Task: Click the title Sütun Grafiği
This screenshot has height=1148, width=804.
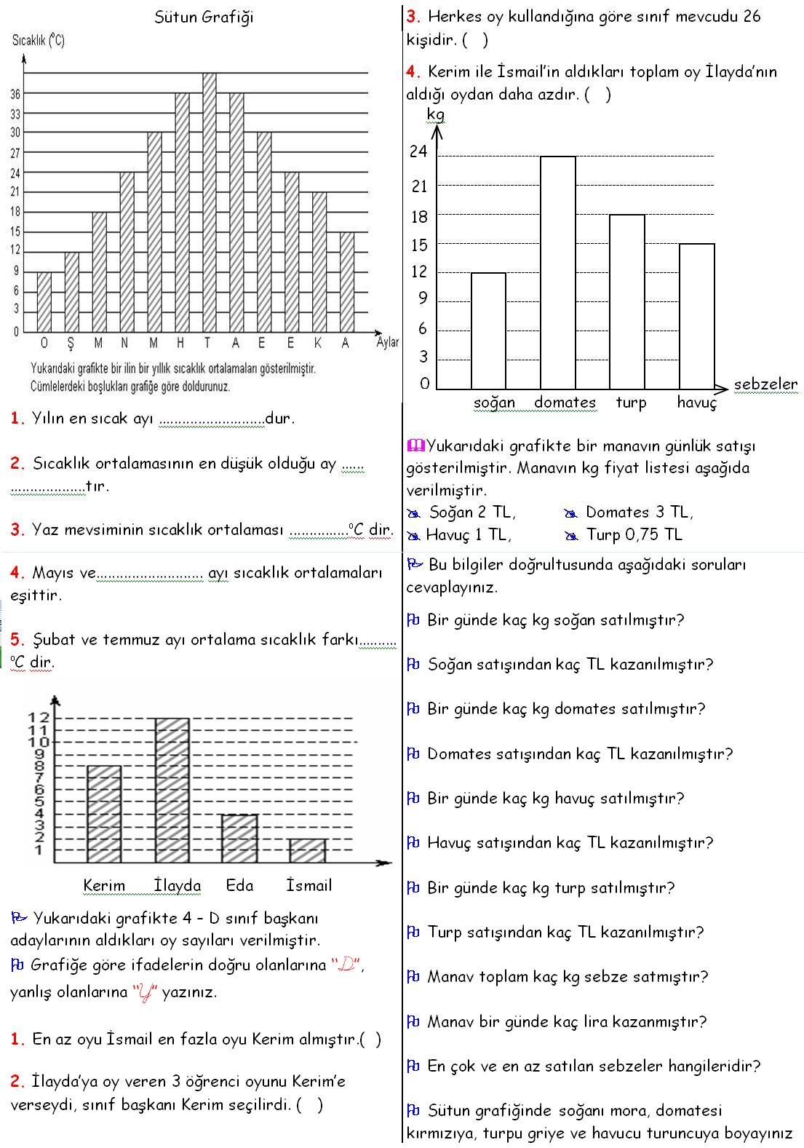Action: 204,17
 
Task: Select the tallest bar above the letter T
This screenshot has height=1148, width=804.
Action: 210,204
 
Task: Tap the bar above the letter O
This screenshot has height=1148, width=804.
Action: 44,302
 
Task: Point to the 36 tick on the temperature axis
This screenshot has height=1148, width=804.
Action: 15,94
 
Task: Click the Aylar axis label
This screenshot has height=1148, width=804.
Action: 387,342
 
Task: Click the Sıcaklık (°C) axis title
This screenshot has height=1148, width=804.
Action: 39,41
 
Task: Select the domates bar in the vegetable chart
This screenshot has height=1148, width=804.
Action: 557,273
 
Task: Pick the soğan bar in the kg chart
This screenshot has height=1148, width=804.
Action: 488,331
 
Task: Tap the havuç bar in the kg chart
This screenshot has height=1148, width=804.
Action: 696,317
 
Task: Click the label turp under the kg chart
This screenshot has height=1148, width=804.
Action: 631,403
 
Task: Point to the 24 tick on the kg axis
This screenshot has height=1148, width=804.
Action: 418,152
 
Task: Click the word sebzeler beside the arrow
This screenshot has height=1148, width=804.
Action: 765,384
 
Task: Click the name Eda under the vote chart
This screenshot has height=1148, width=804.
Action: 239,885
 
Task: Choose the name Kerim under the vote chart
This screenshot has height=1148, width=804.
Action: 104,886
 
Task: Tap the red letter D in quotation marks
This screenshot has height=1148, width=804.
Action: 346,966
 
